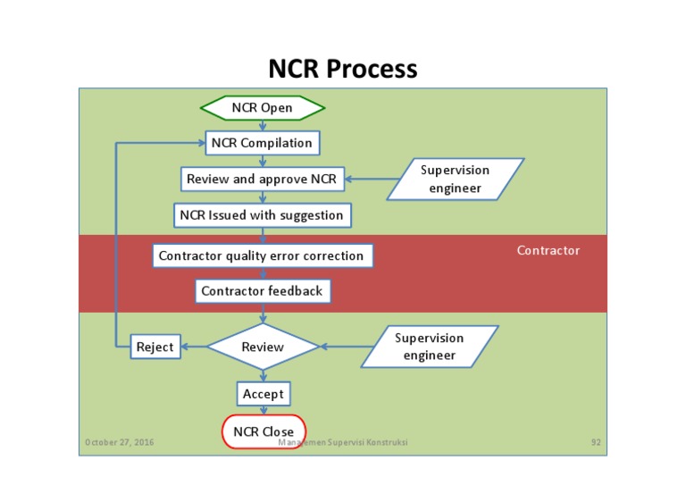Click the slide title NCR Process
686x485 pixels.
(x=342, y=69)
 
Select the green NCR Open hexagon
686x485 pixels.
(x=262, y=108)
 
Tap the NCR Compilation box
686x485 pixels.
(x=262, y=143)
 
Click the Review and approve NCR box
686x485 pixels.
(x=261, y=179)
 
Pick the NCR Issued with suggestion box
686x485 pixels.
(x=262, y=215)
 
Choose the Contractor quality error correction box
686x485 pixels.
(x=262, y=255)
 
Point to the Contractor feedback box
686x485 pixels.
(x=262, y=291)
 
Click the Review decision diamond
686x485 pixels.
(x=263, y=347)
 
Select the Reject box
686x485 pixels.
(x=155, y=347)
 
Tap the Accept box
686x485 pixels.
(x=264, y=394)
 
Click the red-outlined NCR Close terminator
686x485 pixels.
(x=264, y=431)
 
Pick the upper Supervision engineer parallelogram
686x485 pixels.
(x=456, y=179)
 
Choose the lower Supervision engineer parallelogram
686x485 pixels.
(x=430, y=347)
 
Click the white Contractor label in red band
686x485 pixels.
(x=548, y=251)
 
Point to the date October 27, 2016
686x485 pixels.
(x=119, y=442)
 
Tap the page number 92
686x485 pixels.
(x=596, y=442)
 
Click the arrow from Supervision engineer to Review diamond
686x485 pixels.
(x=341, y=347)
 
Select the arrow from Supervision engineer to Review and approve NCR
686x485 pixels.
(x=366, y=179)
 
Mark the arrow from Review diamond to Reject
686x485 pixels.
(x=194, y=347)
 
